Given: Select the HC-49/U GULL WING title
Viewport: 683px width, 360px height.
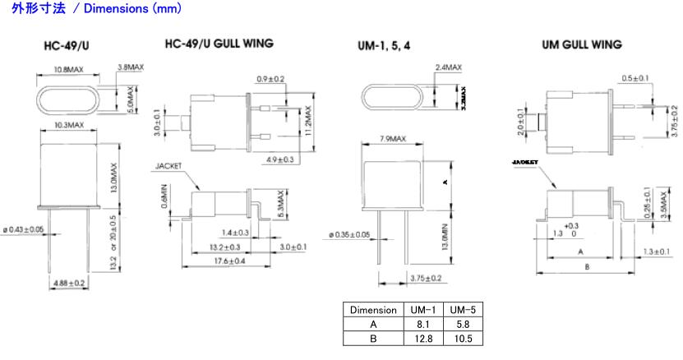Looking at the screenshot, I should click(219, 43).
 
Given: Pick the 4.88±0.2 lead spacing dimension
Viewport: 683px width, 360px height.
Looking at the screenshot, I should click(69, 283).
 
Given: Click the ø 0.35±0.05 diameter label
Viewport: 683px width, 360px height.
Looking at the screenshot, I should click(348, 235).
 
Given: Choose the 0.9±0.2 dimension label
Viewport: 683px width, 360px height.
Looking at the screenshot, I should click(270, 79).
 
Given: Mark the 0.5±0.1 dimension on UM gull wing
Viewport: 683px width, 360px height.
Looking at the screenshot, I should click(635, 78).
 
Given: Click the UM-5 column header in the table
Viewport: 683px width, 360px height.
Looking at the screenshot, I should click(465, 310).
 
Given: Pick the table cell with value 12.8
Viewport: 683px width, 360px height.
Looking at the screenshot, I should click(425, 338).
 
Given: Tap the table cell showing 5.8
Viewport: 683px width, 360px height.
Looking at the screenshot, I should click(465, 324).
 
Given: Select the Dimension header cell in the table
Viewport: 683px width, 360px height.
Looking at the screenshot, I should click(374, 310).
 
